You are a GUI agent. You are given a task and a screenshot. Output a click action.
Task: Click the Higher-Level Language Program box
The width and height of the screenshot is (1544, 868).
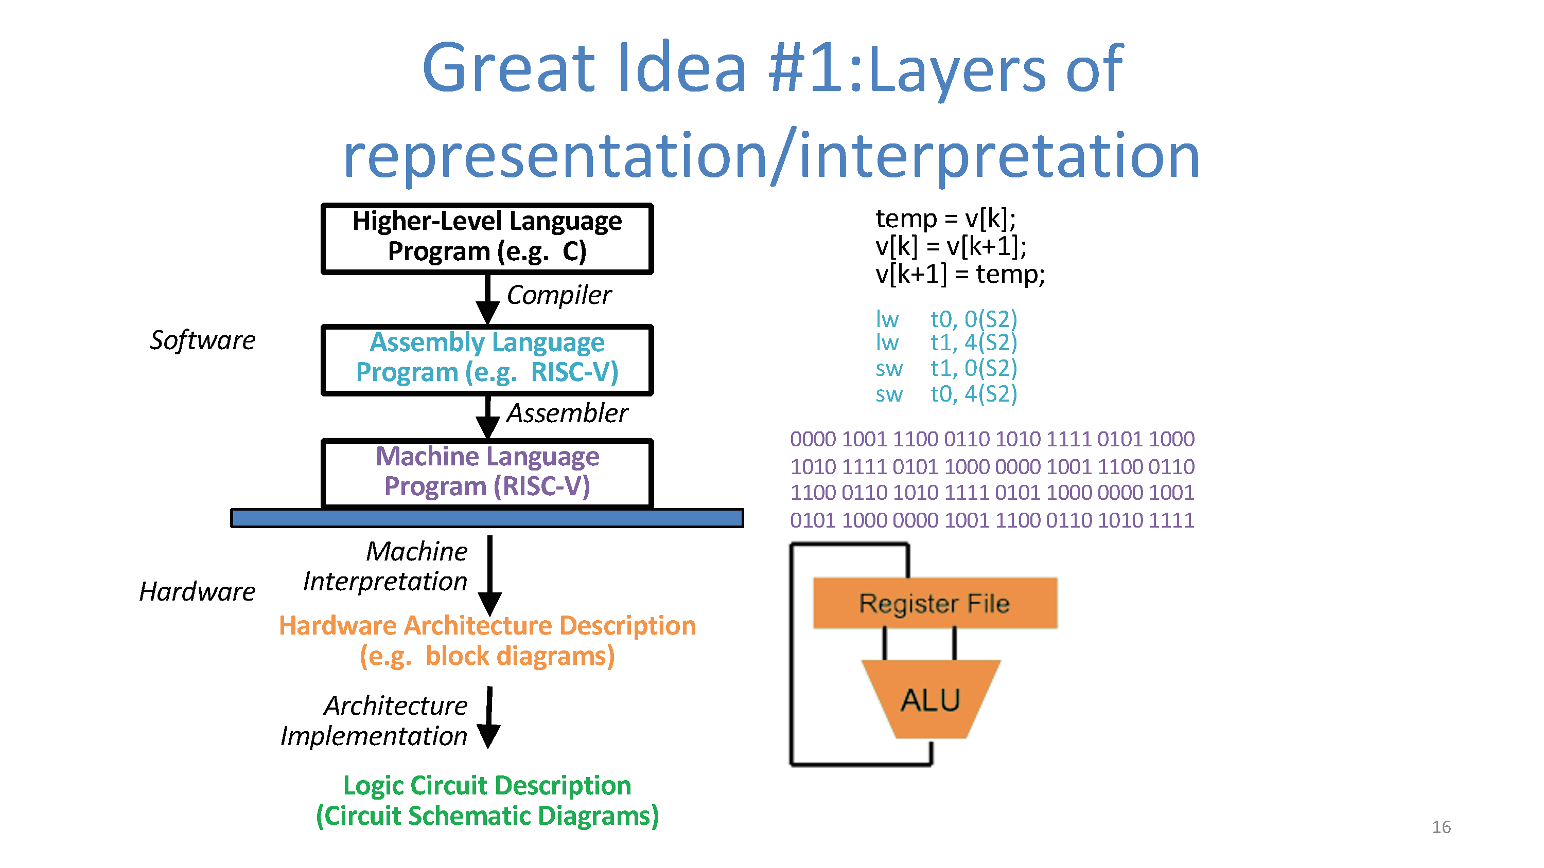[487, 238]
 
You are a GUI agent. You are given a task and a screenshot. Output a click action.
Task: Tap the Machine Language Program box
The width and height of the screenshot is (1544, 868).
[487, 473]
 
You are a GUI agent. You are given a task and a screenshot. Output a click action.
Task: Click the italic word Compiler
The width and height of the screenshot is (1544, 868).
[558, 295]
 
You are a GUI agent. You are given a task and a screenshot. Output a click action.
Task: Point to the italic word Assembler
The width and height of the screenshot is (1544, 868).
[567, 413]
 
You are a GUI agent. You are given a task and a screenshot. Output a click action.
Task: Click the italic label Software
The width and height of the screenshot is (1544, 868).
[203, 340]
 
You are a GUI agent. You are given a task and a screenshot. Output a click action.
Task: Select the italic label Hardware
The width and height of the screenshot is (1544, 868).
[197, 592]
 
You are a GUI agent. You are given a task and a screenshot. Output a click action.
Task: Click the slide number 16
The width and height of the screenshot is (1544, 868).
[1441, 827]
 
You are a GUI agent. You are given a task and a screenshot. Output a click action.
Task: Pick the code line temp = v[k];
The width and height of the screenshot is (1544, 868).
[945, 219]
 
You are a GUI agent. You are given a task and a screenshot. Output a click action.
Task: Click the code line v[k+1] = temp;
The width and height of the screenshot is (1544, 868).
[960, 275]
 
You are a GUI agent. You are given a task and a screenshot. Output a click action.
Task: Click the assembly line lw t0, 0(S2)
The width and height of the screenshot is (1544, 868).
[946, 319]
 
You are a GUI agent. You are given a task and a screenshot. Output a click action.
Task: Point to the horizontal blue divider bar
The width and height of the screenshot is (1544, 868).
[487, 518]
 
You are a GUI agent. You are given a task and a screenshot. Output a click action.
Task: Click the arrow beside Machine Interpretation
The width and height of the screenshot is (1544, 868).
[489, 575]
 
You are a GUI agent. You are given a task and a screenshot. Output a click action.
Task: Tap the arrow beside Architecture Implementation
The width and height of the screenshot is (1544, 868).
[489, 718]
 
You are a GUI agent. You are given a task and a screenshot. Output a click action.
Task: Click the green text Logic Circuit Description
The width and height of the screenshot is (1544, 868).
[487, 785]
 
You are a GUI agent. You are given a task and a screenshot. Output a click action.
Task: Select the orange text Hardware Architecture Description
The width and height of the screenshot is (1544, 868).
[487, 625]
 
